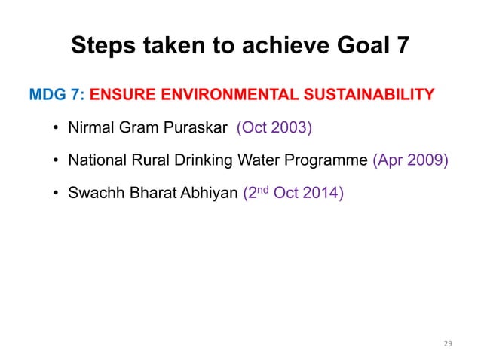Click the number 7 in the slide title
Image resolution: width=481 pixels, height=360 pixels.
(401, 47)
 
